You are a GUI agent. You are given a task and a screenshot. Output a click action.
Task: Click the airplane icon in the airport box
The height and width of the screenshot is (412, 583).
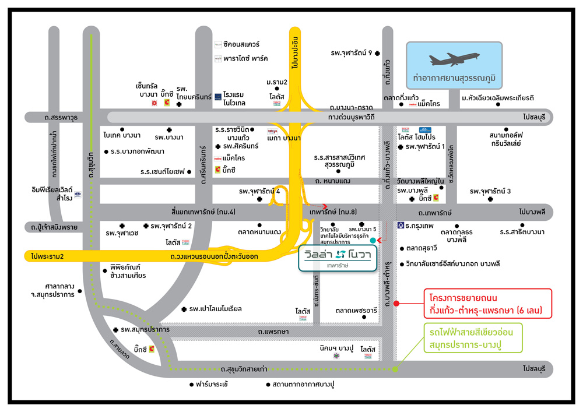pyautogui.click(x=454, y=60)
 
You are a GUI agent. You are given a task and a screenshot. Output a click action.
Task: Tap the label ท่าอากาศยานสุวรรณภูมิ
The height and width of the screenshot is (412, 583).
pyautogui.click(x=454, y=78)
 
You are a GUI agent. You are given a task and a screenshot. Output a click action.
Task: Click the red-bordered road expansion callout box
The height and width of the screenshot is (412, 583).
pyautogui.click(x=488, y=303)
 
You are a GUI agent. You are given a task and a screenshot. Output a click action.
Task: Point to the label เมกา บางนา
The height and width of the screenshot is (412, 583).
pyautogui.click(x=284, y=138)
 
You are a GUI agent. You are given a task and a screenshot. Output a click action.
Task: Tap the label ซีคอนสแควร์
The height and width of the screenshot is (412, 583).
pyautogui.click(x=241, y=44)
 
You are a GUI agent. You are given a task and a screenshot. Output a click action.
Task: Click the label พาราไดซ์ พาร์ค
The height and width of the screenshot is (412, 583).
pyautogui.click(x=245, y=59)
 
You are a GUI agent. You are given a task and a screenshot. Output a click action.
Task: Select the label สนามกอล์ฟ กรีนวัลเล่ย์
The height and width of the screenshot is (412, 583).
pyautogui.click(x=505, y=139)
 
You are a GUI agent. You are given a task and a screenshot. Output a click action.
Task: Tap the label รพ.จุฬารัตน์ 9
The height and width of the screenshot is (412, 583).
pyautogui.click(x=352, y=52)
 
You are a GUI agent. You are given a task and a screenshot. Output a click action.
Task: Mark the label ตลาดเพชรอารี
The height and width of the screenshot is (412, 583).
pyautogui.click(x=356, y=311)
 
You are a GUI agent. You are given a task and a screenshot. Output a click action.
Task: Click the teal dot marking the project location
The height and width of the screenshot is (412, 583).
pyautogui.click(x=373, y=240)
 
